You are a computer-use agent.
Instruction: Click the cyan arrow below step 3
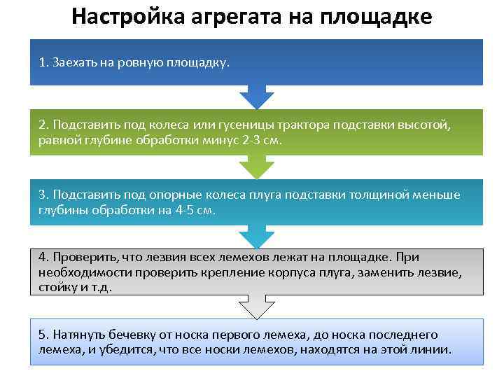click(x=256, y=237)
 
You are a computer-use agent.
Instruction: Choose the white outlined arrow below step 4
click(x=256, y=306)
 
